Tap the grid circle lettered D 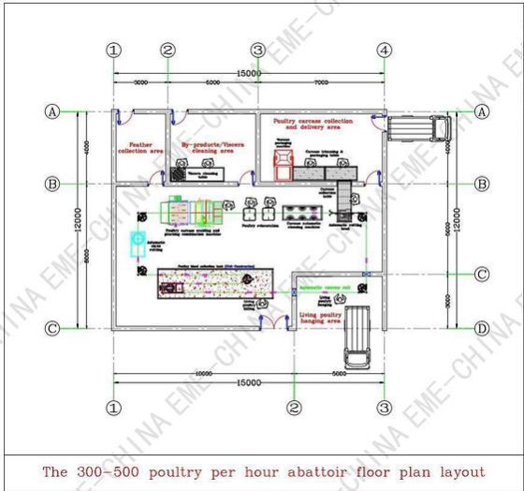[x=481, y=328]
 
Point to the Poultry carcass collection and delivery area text [x=313, y=126]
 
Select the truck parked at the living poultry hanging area [x=358, y=336]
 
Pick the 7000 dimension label [x=320, y=83]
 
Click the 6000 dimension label [x=212, y=83]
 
